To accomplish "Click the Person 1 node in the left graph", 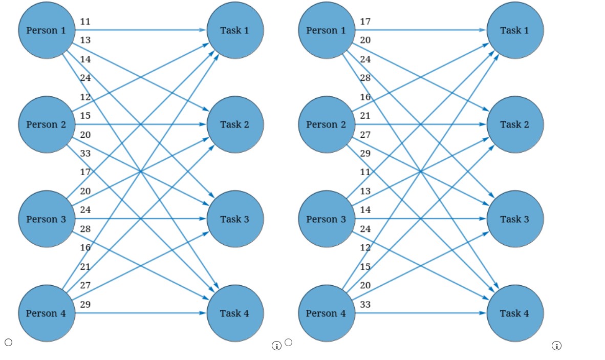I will click(47, 30).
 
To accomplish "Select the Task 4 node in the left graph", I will click(235, 313).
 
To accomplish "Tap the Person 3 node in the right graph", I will click(327, 219).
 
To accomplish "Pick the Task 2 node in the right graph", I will click(515, 124).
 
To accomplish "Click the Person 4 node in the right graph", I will click(327, 313).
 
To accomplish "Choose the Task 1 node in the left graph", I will click(235, 30).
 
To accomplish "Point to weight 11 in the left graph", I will click(85, 22).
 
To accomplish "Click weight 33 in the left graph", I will click(85, 153).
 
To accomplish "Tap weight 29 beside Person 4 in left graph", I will click(85, 304).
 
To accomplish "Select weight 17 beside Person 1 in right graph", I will click(365, 22).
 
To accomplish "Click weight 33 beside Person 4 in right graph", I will click(365, 304).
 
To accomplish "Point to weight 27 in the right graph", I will click(365, 135).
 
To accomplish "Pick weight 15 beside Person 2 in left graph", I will click(85, 116).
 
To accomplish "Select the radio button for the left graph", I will click(8, 343).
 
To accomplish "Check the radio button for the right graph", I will click(289, 343).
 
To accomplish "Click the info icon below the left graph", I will click(276, 346).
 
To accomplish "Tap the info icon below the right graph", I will click(556, 346).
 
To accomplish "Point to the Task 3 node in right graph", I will click(515, 219).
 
